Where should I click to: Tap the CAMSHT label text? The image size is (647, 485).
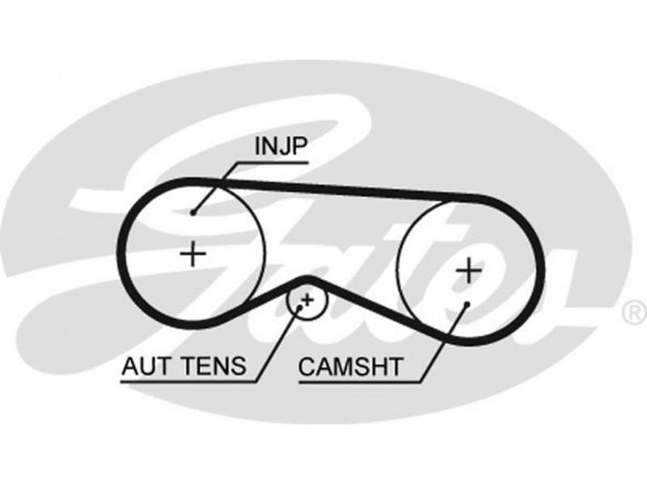(349, 367)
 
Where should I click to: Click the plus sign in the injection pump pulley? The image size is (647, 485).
(192, 255)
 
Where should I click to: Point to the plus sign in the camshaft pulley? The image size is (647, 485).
(467, 270)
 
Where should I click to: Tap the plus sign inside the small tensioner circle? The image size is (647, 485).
(306, 301)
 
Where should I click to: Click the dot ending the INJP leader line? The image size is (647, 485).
(194, 213)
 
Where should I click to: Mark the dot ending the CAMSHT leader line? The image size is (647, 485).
(467, 304)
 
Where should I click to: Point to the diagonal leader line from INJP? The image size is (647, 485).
(214, 187)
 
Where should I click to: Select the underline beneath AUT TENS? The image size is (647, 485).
(186, 380)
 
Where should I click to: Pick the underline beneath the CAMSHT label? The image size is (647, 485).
(360, 380)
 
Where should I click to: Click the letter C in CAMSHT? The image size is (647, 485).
(306, 367)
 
